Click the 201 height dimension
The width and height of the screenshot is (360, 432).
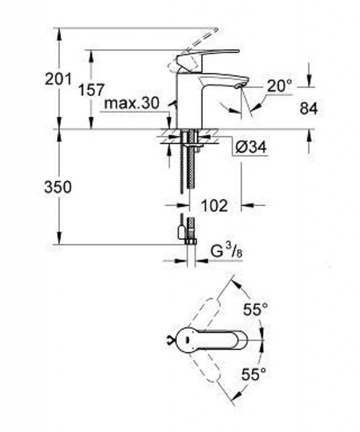(x=58, y=79)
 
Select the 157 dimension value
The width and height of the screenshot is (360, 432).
(x=92, y=90)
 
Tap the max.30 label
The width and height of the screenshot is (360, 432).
(x=132, y=104)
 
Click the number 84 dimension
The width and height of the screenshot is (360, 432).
(x=309, y=108)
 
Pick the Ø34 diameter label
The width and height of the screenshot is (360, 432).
(x=251, y=147)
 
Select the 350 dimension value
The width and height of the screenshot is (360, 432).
(x=58, y=187)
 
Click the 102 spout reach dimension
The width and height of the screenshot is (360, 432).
(x=214, y=205)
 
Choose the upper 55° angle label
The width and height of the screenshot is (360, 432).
(x=255, y=309)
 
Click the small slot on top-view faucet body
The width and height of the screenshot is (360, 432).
(x=187, y=340)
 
